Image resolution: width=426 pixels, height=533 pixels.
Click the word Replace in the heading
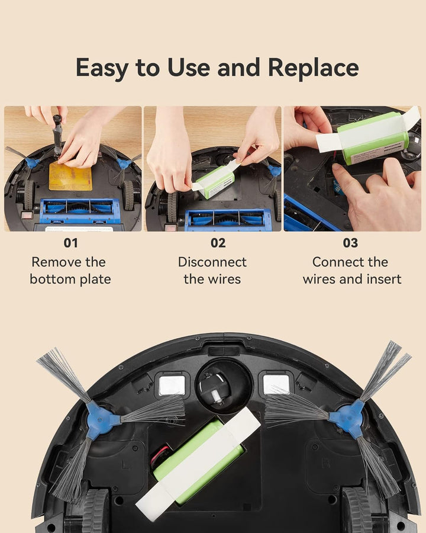(x=313, y=68)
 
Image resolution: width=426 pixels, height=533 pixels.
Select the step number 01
(x=70, y=243)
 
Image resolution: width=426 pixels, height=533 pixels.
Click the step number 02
(x=218, y=243)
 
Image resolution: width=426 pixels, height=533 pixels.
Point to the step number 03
(x=350, y=243)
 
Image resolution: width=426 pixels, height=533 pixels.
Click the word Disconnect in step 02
(x=212, y=262)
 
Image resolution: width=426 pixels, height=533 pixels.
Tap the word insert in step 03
(x=384, y=279)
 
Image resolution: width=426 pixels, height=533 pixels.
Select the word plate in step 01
(x=95, y=280)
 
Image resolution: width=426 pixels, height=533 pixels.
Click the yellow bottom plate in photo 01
(x=70, y=176)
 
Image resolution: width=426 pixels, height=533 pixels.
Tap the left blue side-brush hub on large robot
(x=101, y=420)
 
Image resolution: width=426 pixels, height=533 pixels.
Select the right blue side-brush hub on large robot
(x=349, y=418)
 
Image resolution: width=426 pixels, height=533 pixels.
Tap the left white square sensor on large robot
(x=172, y=386)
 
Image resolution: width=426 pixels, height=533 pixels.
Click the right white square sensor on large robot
(x=276, y=384)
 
